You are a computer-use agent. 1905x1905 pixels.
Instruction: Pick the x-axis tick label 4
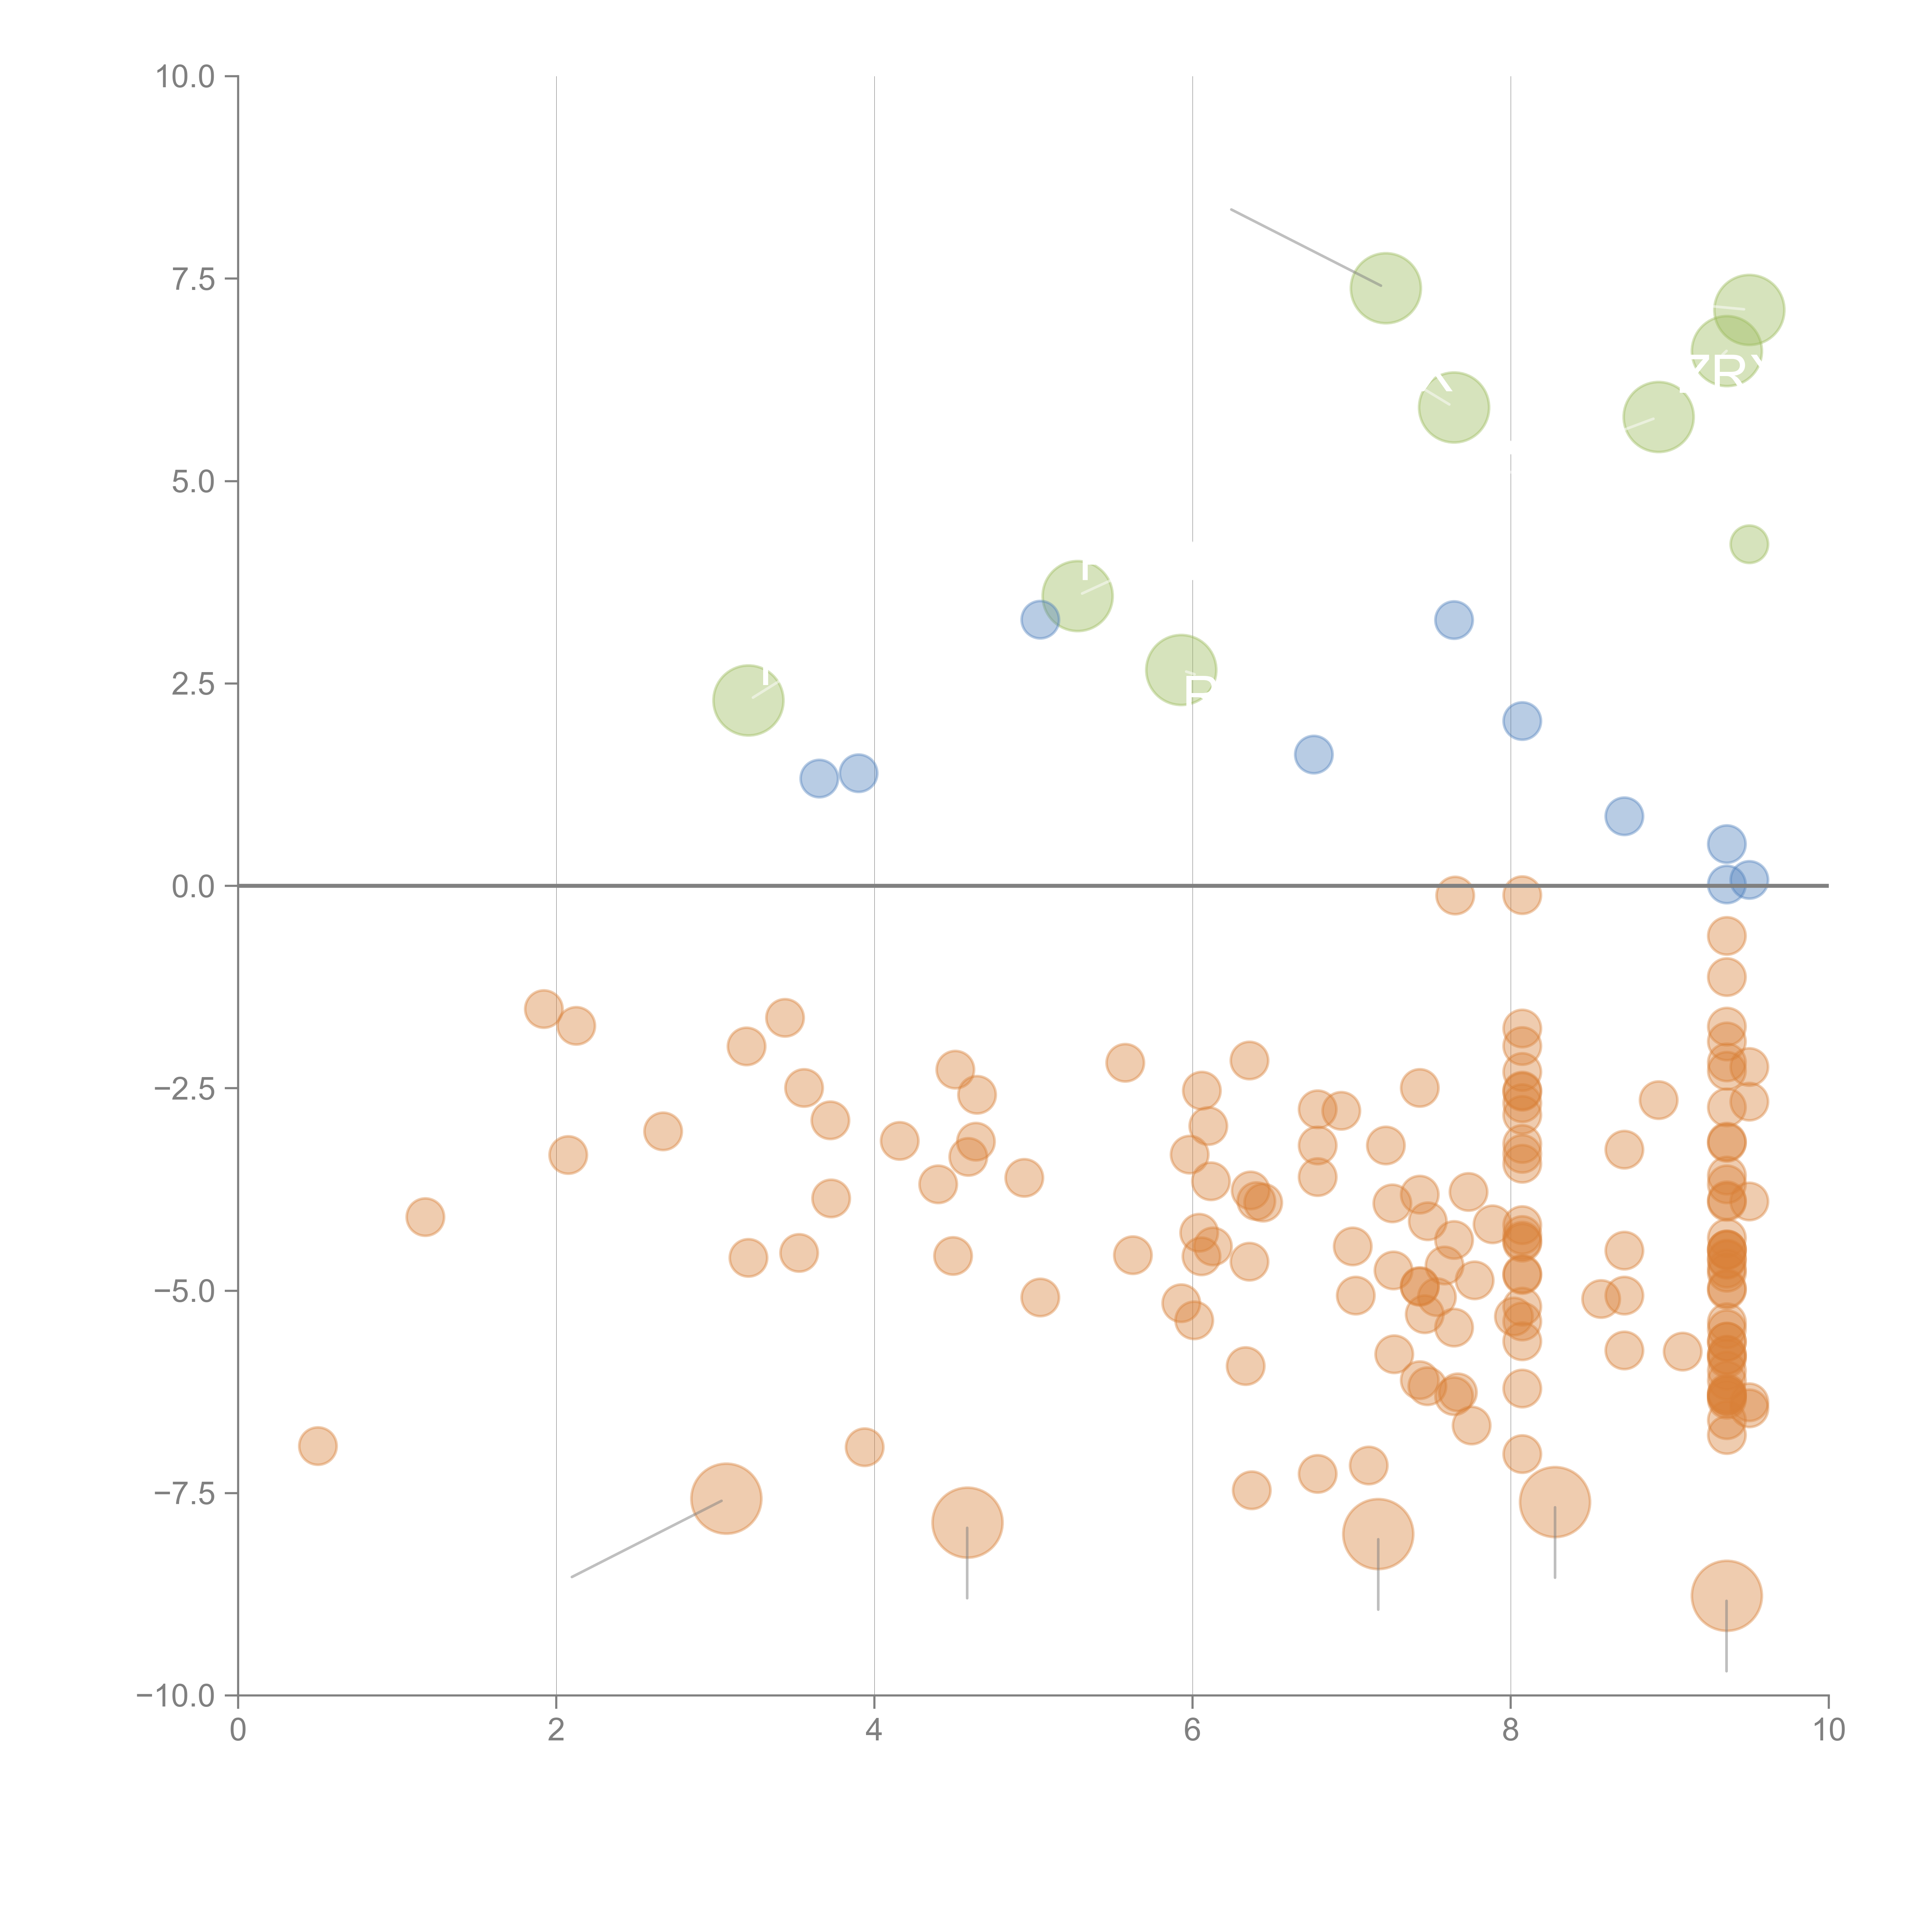(874, 1731)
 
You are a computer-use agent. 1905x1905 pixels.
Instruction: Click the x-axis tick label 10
(1828, 1731)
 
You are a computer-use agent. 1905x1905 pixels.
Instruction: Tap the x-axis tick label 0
(238, 1731)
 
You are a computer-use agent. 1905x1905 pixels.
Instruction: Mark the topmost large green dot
(1385, 288)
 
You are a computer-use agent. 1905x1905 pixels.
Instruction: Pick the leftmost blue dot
(818, 778)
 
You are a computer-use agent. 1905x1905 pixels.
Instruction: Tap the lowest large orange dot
(1726, 1595)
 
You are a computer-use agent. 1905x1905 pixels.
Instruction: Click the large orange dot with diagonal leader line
(726, 1499)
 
